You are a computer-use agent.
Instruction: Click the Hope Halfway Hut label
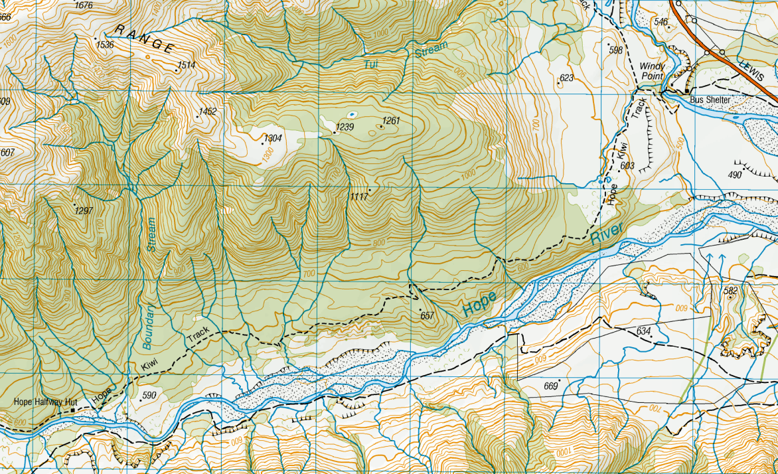45,402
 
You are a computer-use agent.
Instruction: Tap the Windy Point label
651,71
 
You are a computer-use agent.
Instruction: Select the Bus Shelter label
710,100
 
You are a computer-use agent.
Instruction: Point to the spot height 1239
345,127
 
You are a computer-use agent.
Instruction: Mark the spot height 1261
392,121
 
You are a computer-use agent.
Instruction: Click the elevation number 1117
358,197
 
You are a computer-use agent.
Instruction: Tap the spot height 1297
84,210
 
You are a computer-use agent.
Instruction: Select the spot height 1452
207,112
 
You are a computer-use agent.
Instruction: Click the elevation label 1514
186,65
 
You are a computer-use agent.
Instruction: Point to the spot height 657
427,316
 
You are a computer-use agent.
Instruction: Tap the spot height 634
643,331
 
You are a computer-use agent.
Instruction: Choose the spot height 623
566,78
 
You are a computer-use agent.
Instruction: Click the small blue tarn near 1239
351,114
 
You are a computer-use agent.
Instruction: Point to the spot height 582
731,291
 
